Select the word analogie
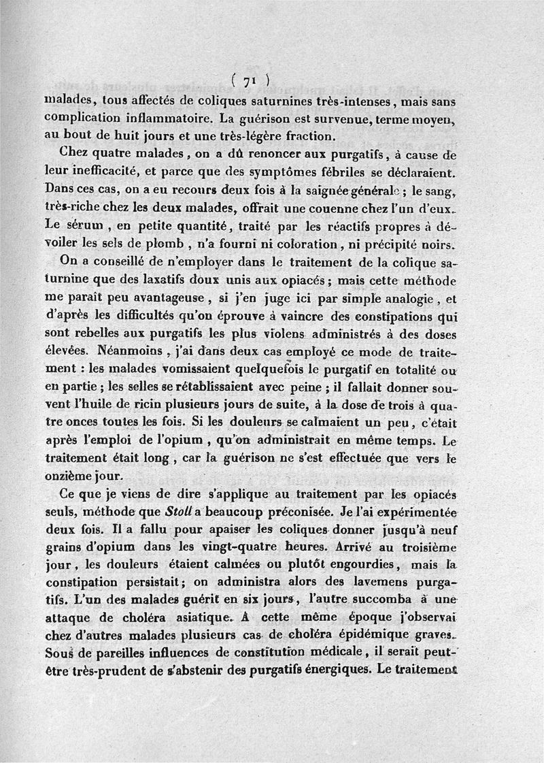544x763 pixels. pyautogui.click(x=409, y=298)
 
